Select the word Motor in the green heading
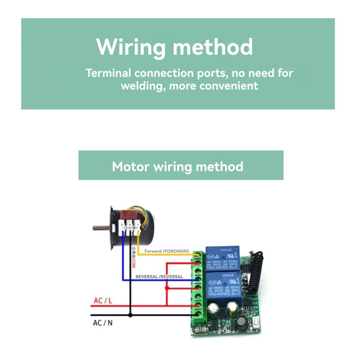131,166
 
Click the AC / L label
103,301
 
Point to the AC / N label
103,323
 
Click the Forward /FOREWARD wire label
166,251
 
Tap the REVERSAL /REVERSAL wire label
159,277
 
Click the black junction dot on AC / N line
130,315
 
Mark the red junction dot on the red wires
166,286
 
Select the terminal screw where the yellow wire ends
198,256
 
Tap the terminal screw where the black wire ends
198,315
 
